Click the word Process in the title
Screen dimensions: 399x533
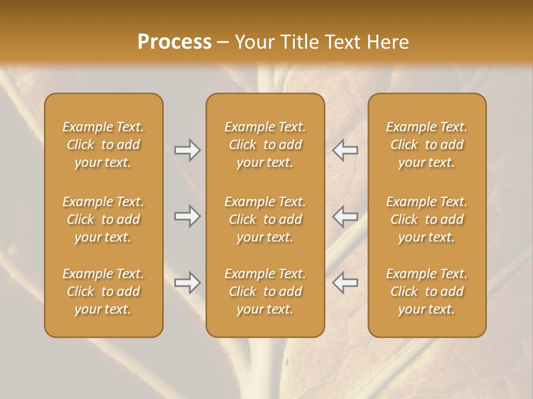click(174, 42)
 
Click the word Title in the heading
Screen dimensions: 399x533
click(299, 42)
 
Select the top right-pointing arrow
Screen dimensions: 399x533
click(188, 150)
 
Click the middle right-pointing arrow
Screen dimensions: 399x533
click(188, 217)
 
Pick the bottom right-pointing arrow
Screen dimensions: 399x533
click(188, 283)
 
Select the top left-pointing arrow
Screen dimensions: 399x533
click(345, 150)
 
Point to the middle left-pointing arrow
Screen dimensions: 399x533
click(345, 217)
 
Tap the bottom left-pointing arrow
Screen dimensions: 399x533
click(345, 283)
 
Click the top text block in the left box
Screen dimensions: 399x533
click(103, 145)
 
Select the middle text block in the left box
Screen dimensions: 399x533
click(103, 219)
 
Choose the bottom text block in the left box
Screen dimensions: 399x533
click(103, 291)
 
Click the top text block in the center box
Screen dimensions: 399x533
click(265, 145)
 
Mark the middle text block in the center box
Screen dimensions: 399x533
click(265, 219)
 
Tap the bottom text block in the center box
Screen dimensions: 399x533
click(265, 291)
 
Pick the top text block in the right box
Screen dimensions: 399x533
click(427, 145)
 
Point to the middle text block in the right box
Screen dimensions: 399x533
click(427, 219)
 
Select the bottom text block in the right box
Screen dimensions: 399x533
click(427, 291)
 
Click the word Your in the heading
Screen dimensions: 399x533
click(254, 42)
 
